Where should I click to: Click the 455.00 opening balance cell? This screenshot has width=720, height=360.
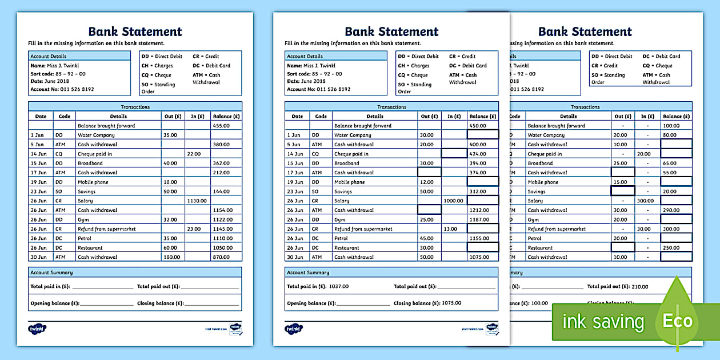tap(221, 126)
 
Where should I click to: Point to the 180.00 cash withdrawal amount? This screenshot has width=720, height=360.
tap(170, 257)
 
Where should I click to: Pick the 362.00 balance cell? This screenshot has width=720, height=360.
tap(221, 163)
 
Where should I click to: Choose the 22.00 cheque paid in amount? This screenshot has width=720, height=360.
tap(194, 154)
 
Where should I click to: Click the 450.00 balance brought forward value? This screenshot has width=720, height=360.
tap(478, 126)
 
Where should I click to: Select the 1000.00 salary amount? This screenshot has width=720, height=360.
tap(454, 201)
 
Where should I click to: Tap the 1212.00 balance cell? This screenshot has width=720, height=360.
tap(479, 210)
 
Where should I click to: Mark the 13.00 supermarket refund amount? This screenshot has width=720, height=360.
tap(450, 229)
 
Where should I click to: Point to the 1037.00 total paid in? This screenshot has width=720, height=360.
tap(339, 287)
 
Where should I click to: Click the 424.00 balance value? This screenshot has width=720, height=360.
tap(478, 154)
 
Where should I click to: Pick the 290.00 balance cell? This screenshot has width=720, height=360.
tap(671, 210)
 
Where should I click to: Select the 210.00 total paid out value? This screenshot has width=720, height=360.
tap(640, 287)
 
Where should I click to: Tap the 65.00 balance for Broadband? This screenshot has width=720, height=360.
tap(670, 163)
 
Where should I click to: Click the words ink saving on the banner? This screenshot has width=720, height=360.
tap(603, 322)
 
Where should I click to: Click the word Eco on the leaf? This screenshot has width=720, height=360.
tap(678, 321)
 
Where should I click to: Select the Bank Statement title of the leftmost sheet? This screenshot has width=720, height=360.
tap(135, 31)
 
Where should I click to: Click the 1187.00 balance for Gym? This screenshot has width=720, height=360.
tap(479, 219)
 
